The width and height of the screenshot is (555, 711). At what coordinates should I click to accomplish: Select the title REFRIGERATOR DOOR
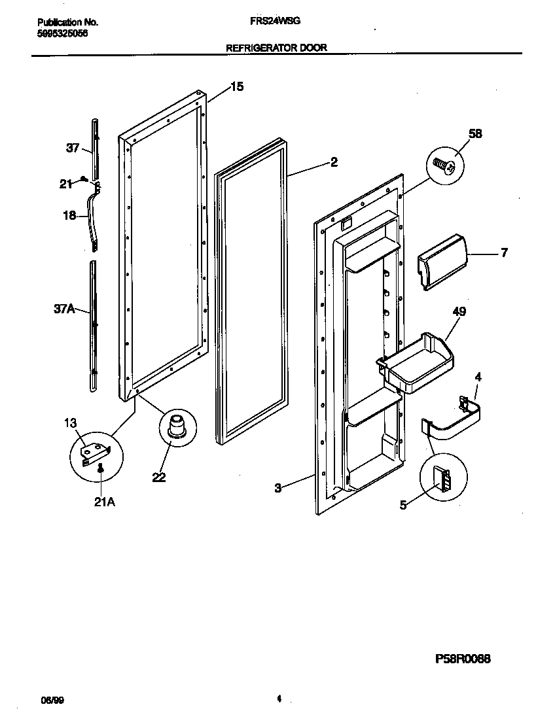click(276, 48)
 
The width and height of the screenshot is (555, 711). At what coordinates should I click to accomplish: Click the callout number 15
click(236, 86)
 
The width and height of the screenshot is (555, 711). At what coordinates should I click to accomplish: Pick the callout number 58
click(474, 134)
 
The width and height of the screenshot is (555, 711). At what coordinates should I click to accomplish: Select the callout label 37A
click(63, 309)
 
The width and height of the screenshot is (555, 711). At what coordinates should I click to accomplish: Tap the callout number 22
click(158, 477)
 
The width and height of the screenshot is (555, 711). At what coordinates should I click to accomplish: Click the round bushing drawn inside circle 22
click(177, 426)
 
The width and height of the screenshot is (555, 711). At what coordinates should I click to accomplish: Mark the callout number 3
click(277, 487)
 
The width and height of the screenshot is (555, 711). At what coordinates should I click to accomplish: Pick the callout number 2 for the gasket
click(334, 162)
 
